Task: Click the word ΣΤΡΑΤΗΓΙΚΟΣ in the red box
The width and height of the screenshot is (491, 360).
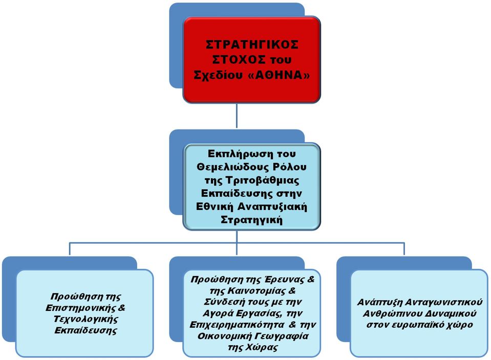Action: click(252, 45)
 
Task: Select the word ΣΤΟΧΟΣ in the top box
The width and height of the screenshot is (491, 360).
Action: click(238, 59)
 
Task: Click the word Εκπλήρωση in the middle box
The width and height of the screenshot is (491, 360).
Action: click(239, 154)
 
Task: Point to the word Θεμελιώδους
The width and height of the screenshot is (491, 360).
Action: click(232, 167)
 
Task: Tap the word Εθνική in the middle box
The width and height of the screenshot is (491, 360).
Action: click(215, 207)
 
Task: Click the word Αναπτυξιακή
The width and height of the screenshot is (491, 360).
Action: click(272, 207)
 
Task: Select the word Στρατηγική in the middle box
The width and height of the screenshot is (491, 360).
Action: click(252, 220)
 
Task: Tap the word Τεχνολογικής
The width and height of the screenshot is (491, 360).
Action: click(86, 319)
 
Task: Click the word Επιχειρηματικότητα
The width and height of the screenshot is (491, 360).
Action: click(237, 325)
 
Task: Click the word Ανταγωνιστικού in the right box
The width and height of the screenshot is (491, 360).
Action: click(444, 302)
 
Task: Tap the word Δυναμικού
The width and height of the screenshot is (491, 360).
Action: click(451, 313)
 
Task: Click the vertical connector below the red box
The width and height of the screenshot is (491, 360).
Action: click(237, 116)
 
